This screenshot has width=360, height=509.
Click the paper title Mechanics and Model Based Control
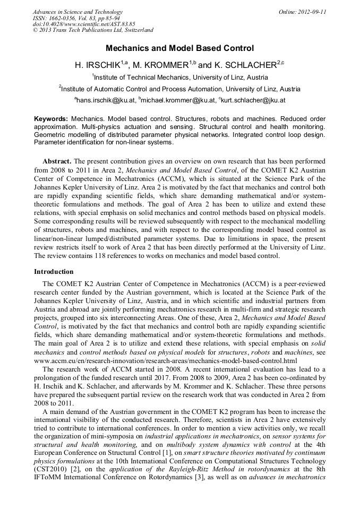(179, 48)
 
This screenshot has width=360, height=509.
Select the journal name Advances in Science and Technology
(78, 12)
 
